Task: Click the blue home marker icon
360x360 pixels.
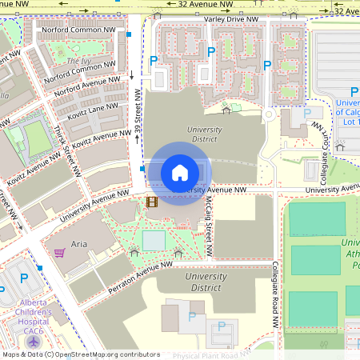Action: point(180,173)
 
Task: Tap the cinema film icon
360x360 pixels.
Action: point(152,201)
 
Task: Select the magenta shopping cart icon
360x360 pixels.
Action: point(59,253)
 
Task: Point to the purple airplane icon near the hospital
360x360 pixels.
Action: point(33,341)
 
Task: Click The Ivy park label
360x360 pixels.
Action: point(78,61)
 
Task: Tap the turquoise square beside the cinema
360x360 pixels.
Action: point(154,240)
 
